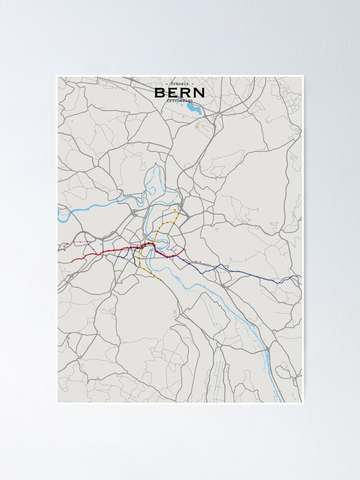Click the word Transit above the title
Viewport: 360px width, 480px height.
tap(180, 84)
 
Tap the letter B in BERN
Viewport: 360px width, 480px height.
tap(161, 93)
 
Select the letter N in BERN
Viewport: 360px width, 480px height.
tap(199, 93)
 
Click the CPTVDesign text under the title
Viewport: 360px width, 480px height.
tap(180, 100)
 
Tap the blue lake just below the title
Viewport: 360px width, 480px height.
tap(194, 109)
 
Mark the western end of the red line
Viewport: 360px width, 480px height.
tap(72, 262)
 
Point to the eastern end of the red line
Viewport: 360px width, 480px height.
tap(184, 249)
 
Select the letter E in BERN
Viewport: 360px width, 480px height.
tap(173, 93)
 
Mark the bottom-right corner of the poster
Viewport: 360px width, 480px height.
tap(303, 403)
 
